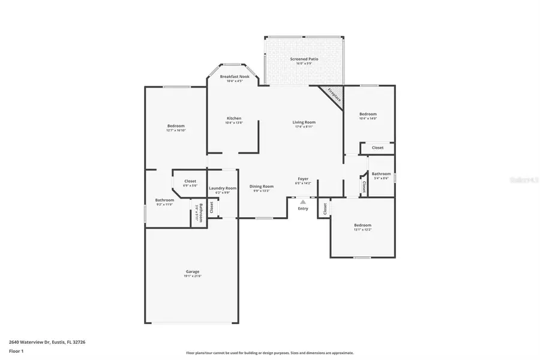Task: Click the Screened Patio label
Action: coord(304,59)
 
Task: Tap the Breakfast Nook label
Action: coord(234,77)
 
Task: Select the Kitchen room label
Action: coord(234,118)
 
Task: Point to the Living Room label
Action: coord(304,122)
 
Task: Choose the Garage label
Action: coord(192,271)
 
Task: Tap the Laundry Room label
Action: coord(223,188)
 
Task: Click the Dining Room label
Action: coord(262,186)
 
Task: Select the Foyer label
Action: coord(304,179)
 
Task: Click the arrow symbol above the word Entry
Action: coord(303,202)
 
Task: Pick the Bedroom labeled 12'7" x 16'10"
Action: coord(176,126)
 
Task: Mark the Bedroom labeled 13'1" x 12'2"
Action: coord(362,225)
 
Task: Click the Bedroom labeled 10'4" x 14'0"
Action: coord(368,114)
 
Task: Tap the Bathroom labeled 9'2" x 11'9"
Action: coord(164,200)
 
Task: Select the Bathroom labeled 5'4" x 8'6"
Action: coord(381,174)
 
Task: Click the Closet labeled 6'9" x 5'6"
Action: coord(190,181)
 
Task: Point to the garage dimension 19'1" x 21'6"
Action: coord(192,276)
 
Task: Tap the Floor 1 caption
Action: coord(16,350)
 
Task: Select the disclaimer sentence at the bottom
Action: coord(270,353)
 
